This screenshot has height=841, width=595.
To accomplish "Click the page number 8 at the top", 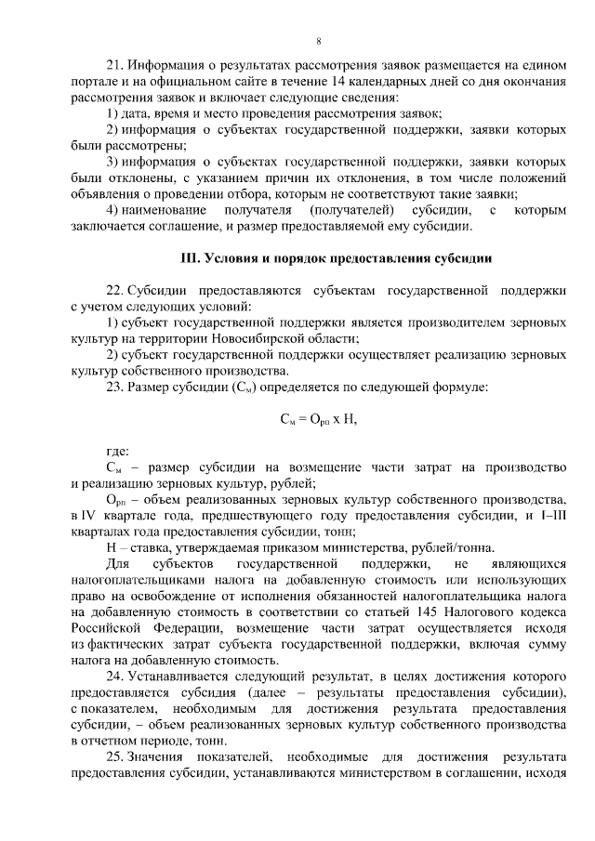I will [x=319, y=42].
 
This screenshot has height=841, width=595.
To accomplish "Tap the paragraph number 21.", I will [x=115, y=66].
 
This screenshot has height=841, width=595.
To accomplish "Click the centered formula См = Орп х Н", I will [x=318, y=419].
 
